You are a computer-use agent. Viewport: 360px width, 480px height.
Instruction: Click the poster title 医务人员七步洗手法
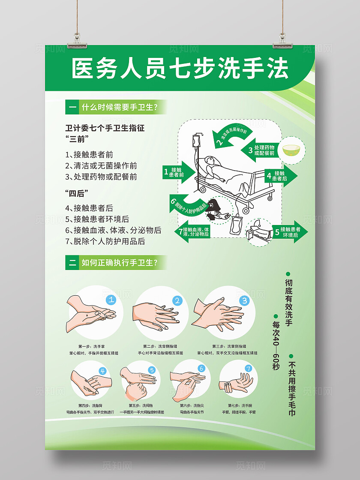pyautogui.click(x=180, y=69)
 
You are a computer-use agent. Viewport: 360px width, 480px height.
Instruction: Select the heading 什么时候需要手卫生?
pyautogui.click(x=119, y=107)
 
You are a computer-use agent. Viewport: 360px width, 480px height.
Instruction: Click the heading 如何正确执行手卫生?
pyautogui.click(x=119, y=262)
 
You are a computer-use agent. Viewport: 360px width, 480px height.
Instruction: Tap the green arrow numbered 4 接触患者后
pyautogui.click(x=278, y=176)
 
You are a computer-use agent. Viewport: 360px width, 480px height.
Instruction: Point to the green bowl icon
pyautogui.click(x=293, y=150)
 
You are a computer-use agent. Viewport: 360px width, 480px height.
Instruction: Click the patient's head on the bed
pyautogui.click(x=210, y=161)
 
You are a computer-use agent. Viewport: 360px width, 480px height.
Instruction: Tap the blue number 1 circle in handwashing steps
pyautogui.click(x=111, y=300)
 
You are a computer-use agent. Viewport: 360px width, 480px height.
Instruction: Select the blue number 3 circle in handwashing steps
pyautogui.click(x=244, y=300)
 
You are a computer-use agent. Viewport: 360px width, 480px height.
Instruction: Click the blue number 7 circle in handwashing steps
pyautogui.click(x=248, y=368)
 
